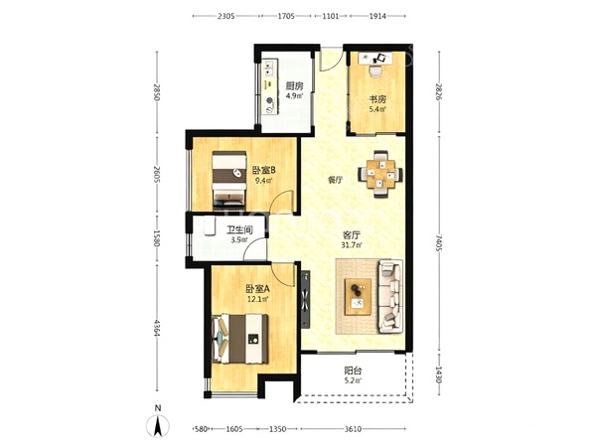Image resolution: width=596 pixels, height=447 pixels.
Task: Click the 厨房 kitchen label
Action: click(x=295, y=85)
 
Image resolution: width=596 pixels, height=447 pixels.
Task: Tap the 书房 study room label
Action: click(x=378, y=99)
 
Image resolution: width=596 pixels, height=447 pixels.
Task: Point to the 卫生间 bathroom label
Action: click(x=239, y=230)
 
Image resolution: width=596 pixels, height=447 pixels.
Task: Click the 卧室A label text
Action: click(x=257, y=289)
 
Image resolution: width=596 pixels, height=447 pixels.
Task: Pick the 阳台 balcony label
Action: click(x=353, y=370)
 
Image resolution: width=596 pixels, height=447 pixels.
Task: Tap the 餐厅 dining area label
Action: click(x=336, y=180)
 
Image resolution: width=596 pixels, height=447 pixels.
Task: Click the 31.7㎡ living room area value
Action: click(x=352, y=245)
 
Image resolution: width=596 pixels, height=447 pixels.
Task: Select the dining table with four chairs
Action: click(x=380, y=174)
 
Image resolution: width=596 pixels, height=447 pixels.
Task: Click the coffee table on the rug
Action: click(x=358, y=296)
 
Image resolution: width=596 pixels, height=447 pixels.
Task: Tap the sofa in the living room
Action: click(x=390, y=296)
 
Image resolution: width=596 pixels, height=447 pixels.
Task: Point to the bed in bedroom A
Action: click(x=240, y=339)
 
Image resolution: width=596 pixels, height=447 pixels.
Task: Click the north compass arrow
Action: click(x=158, y=426)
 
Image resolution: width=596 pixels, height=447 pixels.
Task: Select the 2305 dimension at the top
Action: click(x=225, y=16)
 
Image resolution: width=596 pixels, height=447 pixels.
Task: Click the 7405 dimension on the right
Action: click(x=439, y=243)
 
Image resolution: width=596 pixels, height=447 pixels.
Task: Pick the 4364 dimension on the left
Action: click(x=156, y=327)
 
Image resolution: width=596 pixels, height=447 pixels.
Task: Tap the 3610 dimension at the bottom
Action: click(x=353, y=429)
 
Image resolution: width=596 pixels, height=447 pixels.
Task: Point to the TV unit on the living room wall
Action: click(x=306, y=299)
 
